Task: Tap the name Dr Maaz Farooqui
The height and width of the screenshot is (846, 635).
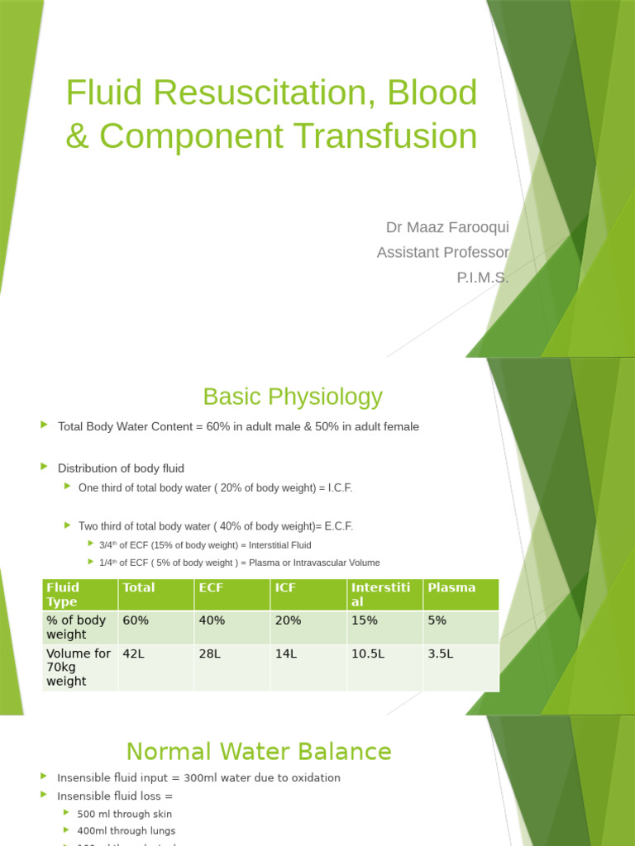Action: (x=447, y=227)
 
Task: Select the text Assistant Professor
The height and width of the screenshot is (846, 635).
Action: (x=442, y=252)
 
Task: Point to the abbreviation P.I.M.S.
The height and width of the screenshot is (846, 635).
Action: (x=483, y=278)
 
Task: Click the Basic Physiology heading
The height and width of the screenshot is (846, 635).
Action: (x=293, y=397)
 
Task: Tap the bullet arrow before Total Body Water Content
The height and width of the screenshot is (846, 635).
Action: (x=45, y=425)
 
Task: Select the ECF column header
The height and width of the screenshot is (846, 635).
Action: (x=211, y=587)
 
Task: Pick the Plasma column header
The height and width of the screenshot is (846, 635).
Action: (x=451, y=587)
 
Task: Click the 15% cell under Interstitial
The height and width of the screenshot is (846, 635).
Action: (x=365, y=620)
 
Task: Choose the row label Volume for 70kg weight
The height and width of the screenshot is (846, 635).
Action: (x=79, y=668)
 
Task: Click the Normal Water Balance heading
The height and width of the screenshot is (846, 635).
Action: (x=258, y=752)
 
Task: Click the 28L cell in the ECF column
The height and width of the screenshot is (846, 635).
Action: (x=209, y=654)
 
